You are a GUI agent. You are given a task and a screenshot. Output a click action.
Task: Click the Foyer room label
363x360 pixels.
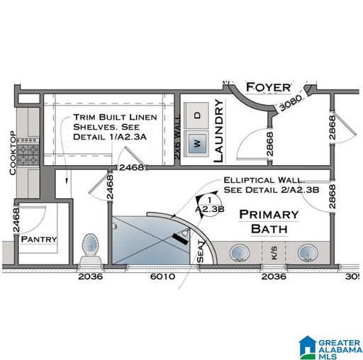[269, 87]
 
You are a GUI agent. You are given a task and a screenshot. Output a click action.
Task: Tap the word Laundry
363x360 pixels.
[218, 130]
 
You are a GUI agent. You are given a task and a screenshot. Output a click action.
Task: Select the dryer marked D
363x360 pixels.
[196, 116]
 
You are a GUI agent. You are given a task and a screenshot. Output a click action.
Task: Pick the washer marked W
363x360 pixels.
[196, 143]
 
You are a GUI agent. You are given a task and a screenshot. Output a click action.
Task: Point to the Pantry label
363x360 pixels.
[39, 239]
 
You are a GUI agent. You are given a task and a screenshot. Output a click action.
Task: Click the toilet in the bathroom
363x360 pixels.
[90, 249]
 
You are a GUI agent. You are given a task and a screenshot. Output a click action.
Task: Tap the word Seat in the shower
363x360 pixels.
[200, 252]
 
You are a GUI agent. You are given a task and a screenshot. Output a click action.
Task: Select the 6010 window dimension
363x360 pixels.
[162, 276]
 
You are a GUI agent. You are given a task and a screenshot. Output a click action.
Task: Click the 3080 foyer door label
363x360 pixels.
[291, 103]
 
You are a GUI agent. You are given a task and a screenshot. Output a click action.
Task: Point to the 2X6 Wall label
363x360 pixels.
[177, 137]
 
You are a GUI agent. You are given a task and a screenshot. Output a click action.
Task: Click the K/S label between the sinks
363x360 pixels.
[274, 253]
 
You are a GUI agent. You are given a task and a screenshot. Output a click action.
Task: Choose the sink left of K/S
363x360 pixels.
[240, 253]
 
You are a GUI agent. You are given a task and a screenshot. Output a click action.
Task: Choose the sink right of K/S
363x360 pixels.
[308, 253]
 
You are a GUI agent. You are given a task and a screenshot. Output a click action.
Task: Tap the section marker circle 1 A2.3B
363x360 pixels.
[209, 205]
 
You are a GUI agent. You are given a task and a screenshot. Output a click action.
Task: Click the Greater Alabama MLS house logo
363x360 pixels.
[307, 347]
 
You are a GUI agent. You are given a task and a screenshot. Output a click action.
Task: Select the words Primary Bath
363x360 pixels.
[269, 222]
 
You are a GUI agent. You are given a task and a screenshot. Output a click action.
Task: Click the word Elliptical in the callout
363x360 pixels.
[249, 180]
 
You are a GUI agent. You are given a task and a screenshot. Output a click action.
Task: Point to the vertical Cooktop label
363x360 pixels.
[13, 153]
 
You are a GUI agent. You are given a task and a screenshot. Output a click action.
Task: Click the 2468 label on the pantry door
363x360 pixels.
[16, 220]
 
